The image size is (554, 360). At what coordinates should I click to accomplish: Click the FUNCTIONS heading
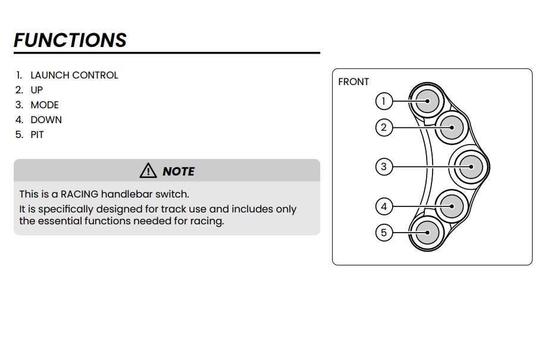tap(70, 40)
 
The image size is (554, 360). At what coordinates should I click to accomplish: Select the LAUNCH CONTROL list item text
tap(74, 76)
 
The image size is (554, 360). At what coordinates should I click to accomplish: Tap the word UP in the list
tap(37, 90)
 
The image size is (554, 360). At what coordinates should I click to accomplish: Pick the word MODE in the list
tap(45, 105)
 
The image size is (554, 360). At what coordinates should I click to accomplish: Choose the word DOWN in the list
tap(46, 120)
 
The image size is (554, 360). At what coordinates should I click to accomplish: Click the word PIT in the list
tap(37, 135)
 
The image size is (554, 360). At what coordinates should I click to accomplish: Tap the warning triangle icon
tap(148, 171)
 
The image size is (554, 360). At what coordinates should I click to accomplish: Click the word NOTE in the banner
tap(179, 171)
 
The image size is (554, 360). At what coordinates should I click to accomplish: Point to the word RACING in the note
tap(79, 194)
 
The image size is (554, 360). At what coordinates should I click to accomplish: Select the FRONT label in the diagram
tap(353, 82)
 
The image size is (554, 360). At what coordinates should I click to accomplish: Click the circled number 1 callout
tap(384, 101)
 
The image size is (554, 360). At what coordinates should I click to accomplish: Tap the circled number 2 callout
tap(384, 127)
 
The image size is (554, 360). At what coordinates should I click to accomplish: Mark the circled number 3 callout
tap(384, 167)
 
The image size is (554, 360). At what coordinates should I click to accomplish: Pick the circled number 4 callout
tap(384, 206)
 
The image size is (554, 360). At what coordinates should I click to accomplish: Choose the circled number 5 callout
tap(384, 232)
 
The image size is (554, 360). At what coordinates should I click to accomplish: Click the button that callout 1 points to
tap(427, 101)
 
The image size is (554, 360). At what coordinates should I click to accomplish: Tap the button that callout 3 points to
tap(471, 167)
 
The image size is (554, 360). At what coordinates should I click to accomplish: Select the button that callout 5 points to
tap(427, 233)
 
